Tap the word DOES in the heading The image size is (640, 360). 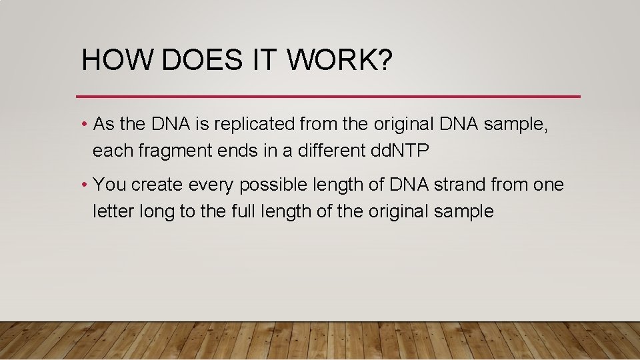click(201, 61)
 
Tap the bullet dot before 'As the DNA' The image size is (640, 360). click(85, 125)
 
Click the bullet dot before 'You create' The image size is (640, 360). click(85, 185)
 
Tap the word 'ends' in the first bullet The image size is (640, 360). click(241, 151)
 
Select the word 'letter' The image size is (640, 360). click(113, 211)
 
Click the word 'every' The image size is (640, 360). click(211, 185)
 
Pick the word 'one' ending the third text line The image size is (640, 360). click(549, 185)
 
